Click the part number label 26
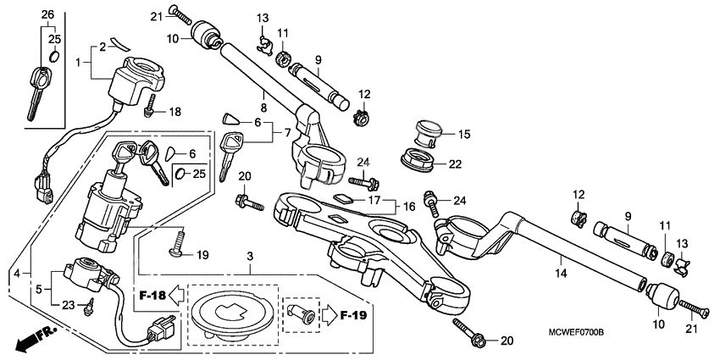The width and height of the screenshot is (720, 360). [47, 15]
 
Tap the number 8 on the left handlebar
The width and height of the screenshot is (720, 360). [263, 108]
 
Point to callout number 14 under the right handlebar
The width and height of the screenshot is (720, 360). [560, 274]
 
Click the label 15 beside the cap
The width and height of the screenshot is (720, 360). [463, 134]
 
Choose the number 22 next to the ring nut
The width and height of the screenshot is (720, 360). [456, 164]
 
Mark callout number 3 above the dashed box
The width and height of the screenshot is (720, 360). [250, 255]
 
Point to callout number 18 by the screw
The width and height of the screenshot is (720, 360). [174, 112]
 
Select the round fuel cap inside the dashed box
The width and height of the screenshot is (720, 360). [233, 313]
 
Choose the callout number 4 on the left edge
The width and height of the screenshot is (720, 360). [16, 274]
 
